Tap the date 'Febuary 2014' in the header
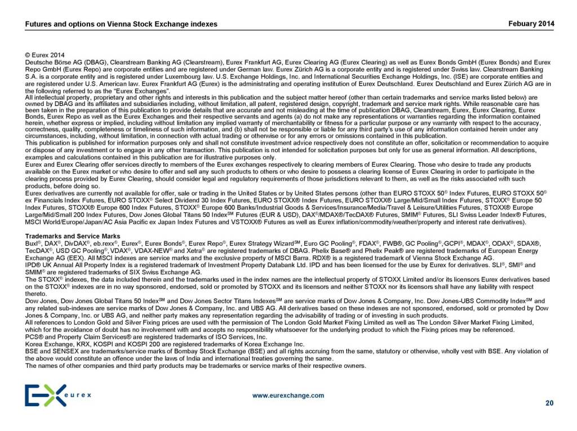[x=531, y=24]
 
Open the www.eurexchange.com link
[x=288, y=396]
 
